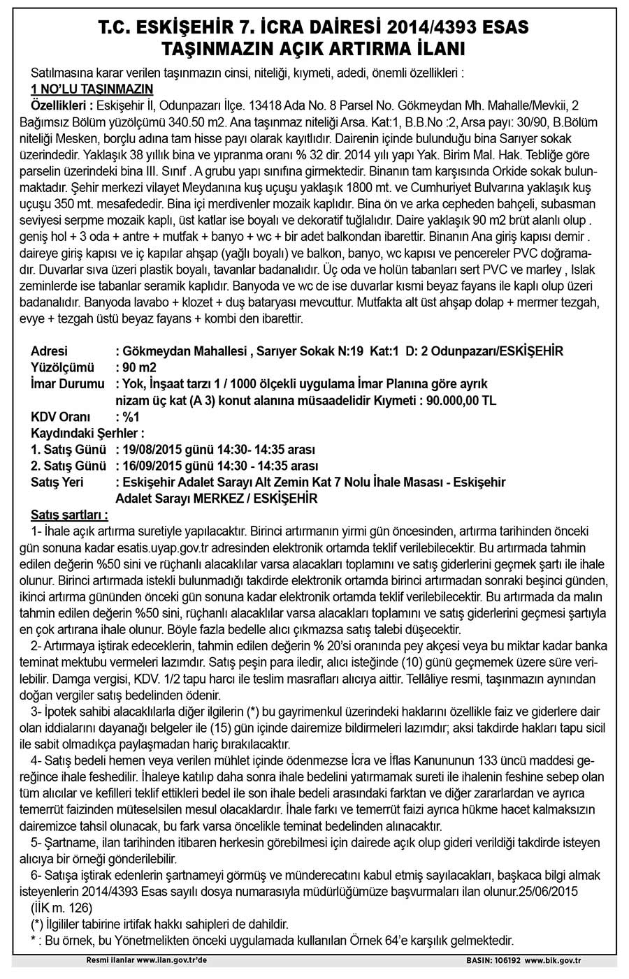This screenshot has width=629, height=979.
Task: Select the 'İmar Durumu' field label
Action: pos(64,383)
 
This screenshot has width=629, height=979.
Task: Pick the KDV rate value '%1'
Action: pos(131,417)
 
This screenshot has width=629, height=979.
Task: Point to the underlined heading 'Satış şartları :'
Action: pos(69,515)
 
